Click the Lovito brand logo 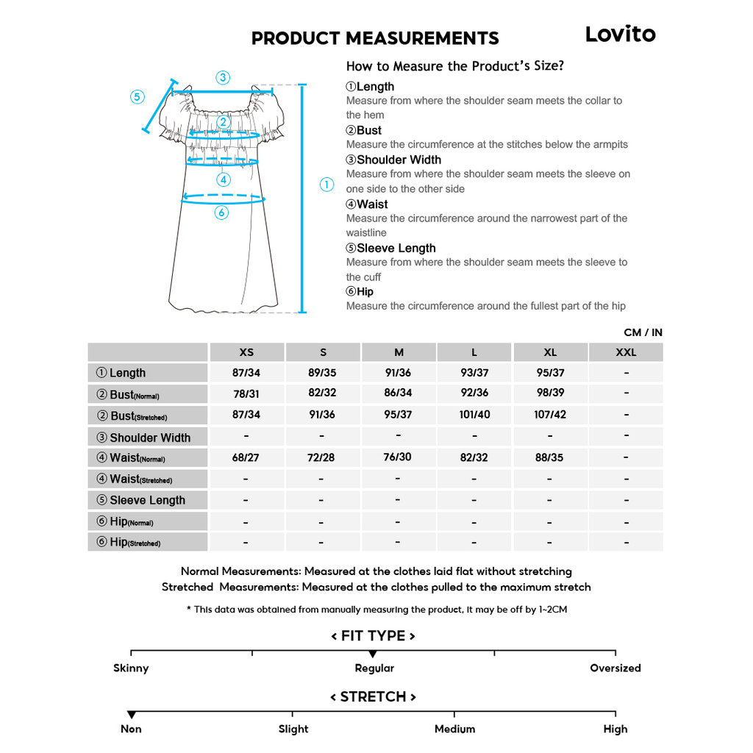point(620,34)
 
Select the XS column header point(246,352)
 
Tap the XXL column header point(626,352)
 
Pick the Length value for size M point(398,373)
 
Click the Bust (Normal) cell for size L point(474,393)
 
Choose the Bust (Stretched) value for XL point(550,415)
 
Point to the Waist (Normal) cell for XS point(246,457)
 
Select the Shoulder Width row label point(150,438)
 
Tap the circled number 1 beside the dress point(327,185)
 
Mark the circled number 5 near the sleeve point(138,97)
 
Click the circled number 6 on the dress point(221,213)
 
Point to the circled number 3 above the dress point(223,77)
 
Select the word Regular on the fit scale point(374,668)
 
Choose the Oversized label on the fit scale point(615,668)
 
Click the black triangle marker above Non point(131,715)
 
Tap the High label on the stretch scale point(615,729)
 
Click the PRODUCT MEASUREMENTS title point(375,38)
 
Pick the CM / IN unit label point(643,332)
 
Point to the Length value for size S point(322,373)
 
